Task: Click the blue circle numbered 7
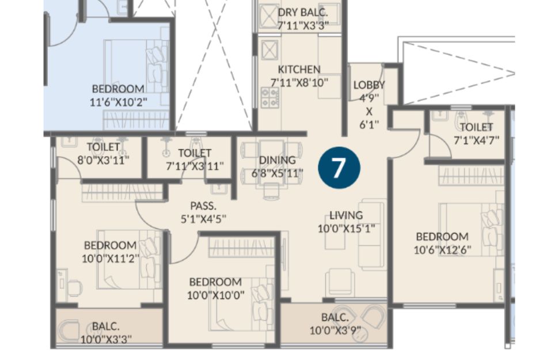tap(339, 168)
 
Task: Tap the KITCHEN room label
tap(299, 69)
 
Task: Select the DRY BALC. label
tap(302, 12)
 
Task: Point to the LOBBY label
tap(369, 85)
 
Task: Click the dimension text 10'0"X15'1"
tap(346, 229)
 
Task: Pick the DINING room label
tap(278, 160)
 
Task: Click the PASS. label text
tap(203, 206)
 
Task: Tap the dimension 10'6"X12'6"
tap(442, 250)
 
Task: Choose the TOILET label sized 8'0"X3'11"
tap(103, 147)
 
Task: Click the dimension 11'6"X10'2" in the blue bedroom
tap(118, 103)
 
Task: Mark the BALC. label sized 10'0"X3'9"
tap(335, 317)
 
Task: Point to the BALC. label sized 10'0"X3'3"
tap(106, 326)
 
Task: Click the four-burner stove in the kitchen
tap(269, 98)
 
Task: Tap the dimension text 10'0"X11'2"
tap(111, 259)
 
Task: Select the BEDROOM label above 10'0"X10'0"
tap(215, 282)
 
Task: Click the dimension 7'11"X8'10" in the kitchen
tap(299, 83)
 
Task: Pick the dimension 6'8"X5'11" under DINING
tap(278, 173)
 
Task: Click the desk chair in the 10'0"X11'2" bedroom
tap(74, 288)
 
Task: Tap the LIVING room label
tap(346, 215)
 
